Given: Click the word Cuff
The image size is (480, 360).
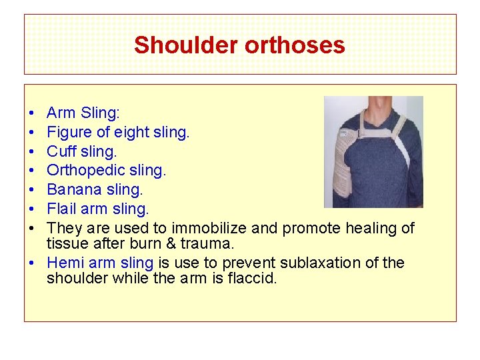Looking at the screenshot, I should [x=62, y=151].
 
